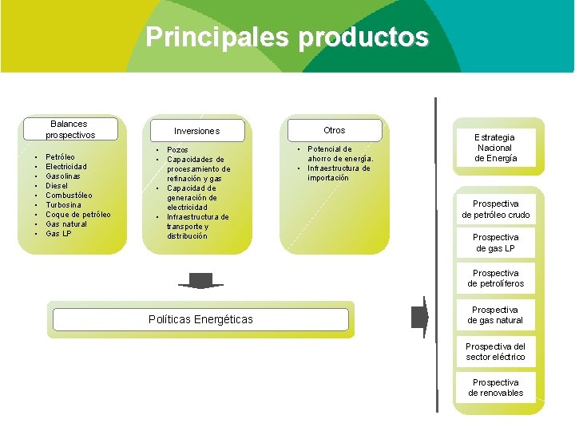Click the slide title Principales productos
[x=287, y=37]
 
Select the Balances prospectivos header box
[x=69, y=129]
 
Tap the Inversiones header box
[x=196, y=131]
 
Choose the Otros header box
[x=334, y=130]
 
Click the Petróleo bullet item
[x=61, y=157]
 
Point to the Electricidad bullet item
[x=66, y=167]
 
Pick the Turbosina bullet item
[x=64, y=204]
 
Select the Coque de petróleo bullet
[x=77, y=214]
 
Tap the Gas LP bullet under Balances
[x=58, y=233]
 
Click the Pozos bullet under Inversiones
[x=177, y=149]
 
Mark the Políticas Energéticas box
[x=200, y=319]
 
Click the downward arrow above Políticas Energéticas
[x=200, y=281]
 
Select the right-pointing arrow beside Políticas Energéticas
[x=420, y=318]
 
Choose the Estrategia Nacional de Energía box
[x=495, y=148]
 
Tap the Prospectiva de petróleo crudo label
[x=495, y=209]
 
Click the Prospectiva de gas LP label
[x=495, y=243]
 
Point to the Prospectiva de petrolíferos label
[x=495, y=279]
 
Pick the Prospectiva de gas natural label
[x=495, y=315]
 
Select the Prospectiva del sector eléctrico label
[x=495, y=352]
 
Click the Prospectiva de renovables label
[x=495, y=388]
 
